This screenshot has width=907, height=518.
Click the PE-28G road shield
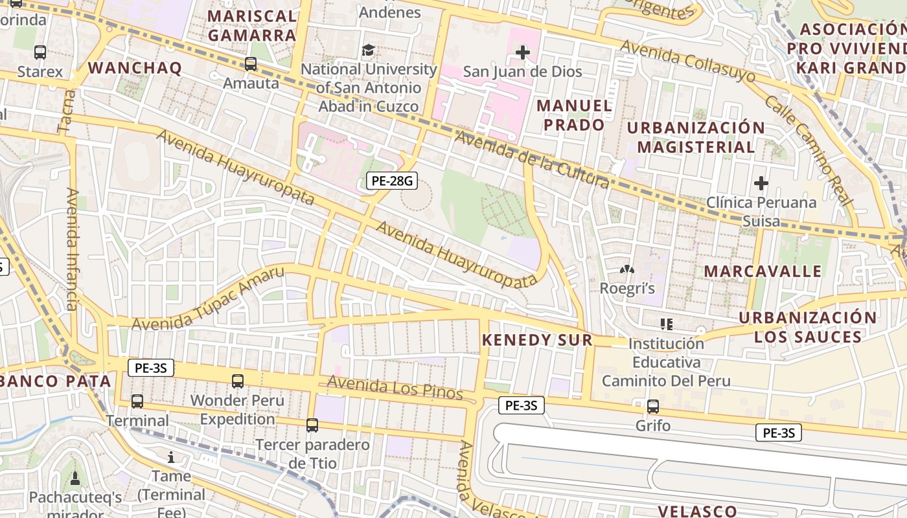(x=391, y=181)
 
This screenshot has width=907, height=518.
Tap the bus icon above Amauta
(x=251, y=64)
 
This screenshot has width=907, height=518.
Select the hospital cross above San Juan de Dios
(x=523, y=52)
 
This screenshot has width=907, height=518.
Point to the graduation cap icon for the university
(x=368, y=50)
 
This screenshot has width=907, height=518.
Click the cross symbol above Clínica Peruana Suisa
(x=761, y=183)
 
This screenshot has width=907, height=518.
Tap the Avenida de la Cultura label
(x=531, y=159)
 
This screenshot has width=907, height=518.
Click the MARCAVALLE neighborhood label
(x=763, y=271)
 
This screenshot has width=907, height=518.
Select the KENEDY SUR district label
(x=537, y=340)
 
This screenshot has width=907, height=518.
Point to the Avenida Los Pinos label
(x=395, y=387)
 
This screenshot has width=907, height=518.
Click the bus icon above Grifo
(x=652, y=407)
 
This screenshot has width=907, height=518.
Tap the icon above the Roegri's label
(x=626, y=269)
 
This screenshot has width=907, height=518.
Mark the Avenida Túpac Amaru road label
(x=209, y=298)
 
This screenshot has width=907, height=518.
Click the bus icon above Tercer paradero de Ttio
(x=312, y=425)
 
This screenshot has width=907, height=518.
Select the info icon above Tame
(x=171, y=457)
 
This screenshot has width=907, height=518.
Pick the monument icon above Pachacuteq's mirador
(x=75, y=479)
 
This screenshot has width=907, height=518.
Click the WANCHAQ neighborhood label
(x=135, y=68)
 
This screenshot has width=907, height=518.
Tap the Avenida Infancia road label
(x=72, y=249)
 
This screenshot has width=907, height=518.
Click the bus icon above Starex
(x=40, y=52)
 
